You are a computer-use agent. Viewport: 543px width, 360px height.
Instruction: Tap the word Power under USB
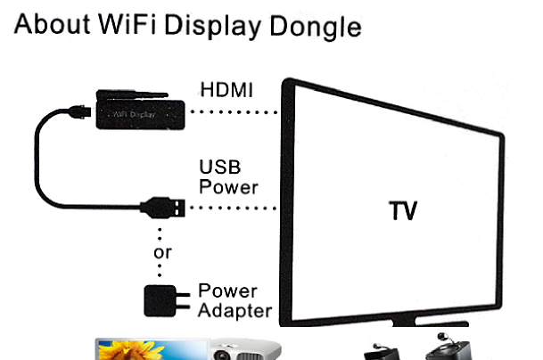coord(228,187)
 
